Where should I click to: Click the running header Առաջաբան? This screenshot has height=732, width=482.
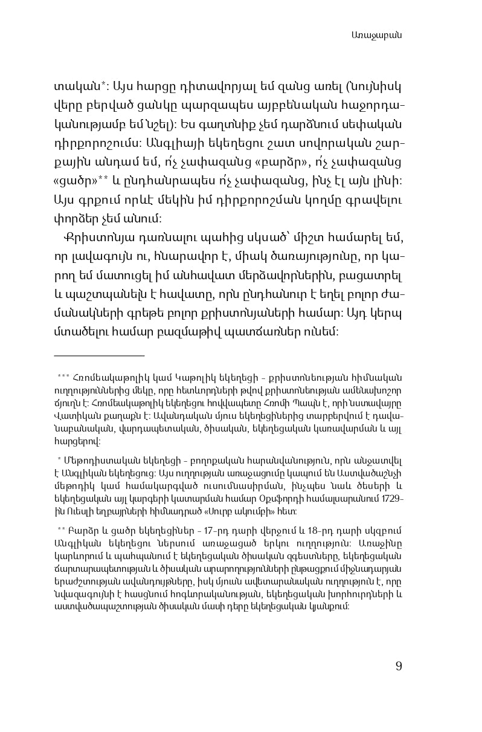[376, 35]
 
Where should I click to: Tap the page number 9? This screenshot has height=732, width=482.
[398, 666]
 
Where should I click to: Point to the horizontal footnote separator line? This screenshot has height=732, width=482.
[99, 356]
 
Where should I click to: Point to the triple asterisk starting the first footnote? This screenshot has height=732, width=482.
[63, 378]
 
